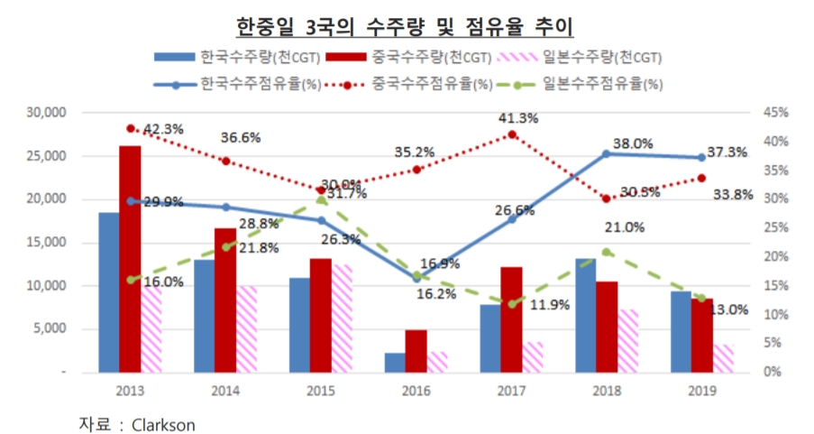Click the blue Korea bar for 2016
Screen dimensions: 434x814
click(395, 362)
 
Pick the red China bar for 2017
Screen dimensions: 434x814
click(511, 319)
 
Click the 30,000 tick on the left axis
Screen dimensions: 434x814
click(50, 113)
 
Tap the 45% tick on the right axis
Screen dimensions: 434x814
click(774, 113)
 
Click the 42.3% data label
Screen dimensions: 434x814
click(163, 129)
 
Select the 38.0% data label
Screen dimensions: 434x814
click(633, 143)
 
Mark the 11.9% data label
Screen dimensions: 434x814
click(549, 305)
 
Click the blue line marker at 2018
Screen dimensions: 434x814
click(606, 153)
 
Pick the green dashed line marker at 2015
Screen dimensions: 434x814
click(321, 200)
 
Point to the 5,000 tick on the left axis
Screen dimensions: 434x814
click(53, 329)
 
